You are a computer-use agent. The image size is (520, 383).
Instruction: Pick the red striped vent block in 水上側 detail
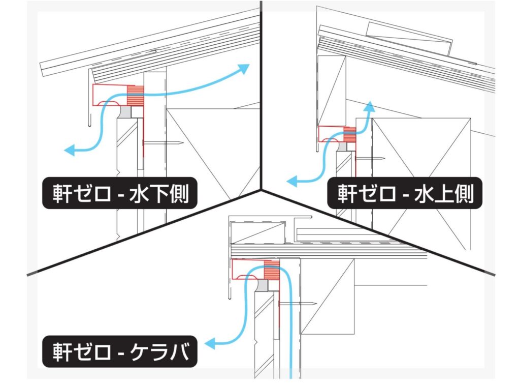[349, 134]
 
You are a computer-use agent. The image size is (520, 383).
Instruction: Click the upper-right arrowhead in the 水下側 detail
[245, 69]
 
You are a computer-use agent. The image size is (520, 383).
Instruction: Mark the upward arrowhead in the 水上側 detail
[370, 106]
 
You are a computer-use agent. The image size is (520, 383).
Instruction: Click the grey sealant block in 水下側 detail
[125, 110]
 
